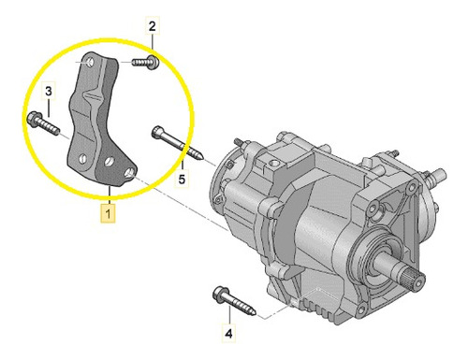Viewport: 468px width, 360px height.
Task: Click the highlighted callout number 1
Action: [108, 214]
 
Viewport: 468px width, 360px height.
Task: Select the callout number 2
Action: [152, 26]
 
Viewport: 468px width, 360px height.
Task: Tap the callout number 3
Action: [49, 92]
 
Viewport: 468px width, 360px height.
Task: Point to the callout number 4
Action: [229, 334]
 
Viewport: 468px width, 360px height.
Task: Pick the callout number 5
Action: [182, 179]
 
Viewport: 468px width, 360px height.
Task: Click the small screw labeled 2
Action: [145, 62]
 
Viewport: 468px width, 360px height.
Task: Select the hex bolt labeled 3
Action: [43, 123]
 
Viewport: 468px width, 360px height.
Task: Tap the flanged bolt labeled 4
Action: [234, 300]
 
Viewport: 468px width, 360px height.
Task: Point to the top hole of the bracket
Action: [90, 62]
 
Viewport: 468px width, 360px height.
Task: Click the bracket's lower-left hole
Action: [82, 158]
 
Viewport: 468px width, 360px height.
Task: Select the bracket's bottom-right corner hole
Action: [130, 172]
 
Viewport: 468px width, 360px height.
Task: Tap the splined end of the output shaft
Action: [417, 279]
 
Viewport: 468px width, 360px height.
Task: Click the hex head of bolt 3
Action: [32, 118]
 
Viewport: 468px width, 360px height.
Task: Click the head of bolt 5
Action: [157, 131]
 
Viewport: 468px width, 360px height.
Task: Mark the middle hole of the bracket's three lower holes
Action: [109, 161]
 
